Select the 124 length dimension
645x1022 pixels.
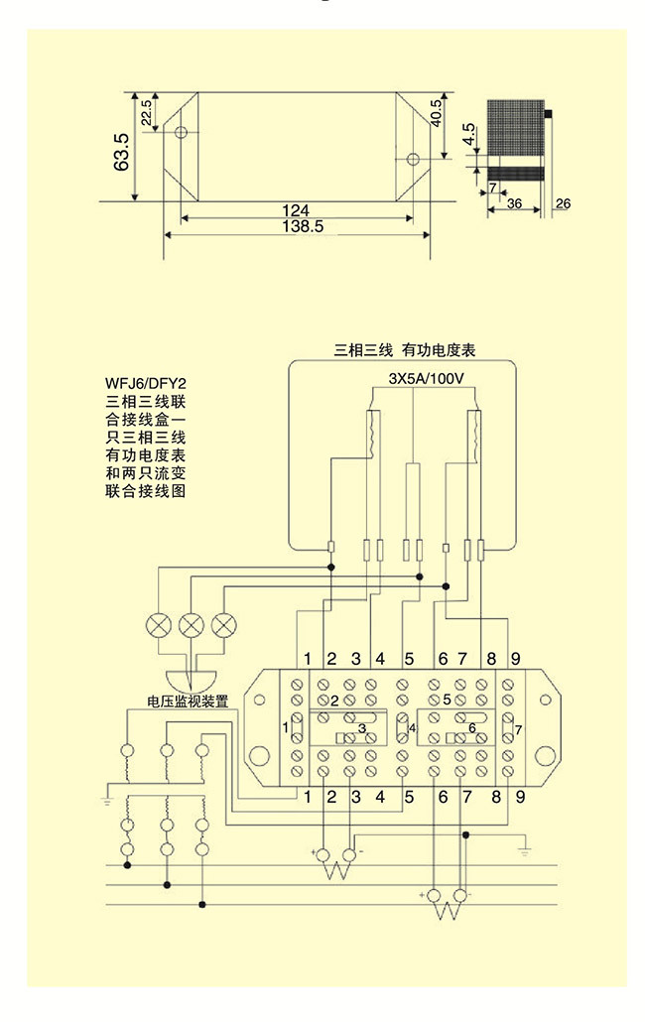[x=296, y=210]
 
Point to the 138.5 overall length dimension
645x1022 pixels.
[x=296, y=226]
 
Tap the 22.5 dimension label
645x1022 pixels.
[x=147, y=112]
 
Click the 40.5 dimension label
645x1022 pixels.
[x=436, y=113]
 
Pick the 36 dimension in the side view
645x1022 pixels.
[x=514, y=202]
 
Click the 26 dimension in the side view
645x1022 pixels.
[x=563, y=203]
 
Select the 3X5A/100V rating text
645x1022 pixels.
[x=424, y=381]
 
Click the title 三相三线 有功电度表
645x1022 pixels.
[x=405, y=350]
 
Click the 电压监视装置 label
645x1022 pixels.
[x=188, y=702]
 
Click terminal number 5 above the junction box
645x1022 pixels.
[x=407, y=659]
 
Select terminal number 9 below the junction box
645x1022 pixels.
[x=515, y=796]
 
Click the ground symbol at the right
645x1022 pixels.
[x=525, y=851]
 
